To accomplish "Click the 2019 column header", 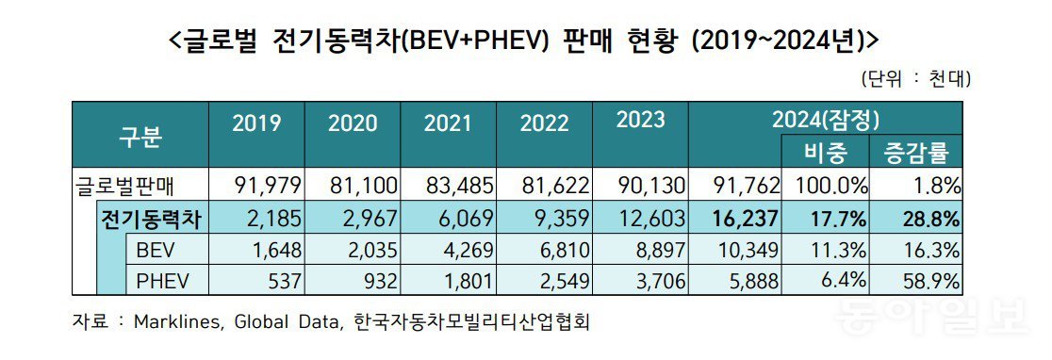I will pos(256,123).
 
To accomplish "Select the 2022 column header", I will pos(544,123).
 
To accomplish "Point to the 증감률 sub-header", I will pos(916,151).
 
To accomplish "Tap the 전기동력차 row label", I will pos(151,220).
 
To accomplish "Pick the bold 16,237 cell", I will pos(741,220).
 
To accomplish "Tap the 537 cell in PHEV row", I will pos(282,282).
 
